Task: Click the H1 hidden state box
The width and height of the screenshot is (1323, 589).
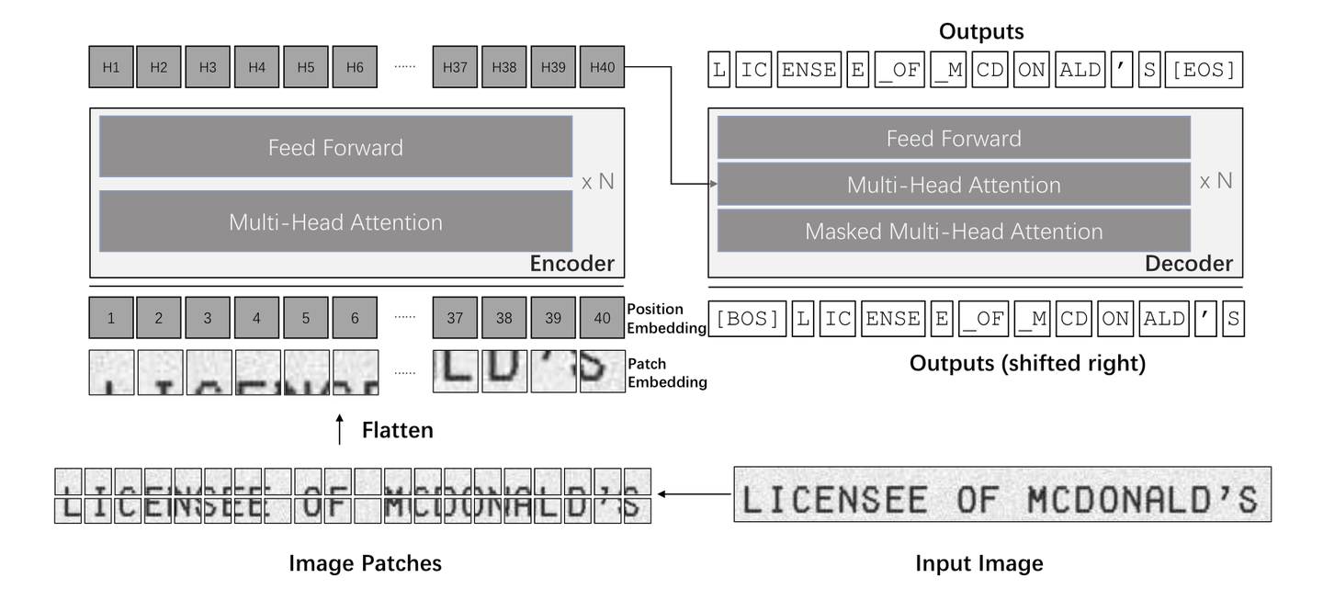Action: (x=111, y=67)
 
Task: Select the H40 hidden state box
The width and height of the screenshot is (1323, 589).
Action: (x=602, y=67)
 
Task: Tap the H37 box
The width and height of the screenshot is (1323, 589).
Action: (x=455, y=67)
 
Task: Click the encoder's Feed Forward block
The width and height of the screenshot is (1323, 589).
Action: (x=335, y=146)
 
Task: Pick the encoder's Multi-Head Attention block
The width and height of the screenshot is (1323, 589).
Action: (x=335, y=221)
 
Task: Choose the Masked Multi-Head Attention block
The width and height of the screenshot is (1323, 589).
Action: (x=954, y=231)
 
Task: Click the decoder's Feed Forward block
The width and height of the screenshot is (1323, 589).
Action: (x=954, y=139)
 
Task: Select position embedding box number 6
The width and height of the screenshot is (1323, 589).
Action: (x=356, y=319)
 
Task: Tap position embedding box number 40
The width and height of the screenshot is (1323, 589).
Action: (x=602, y=319)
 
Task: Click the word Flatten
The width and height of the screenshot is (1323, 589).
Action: (x=397, y=429)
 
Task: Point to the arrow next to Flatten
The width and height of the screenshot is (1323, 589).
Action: (x=341, y=429)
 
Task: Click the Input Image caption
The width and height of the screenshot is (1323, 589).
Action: (x=979, y=563)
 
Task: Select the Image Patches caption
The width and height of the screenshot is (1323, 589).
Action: (x=365, y=563)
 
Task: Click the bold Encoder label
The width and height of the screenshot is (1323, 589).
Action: (x=571, y=265)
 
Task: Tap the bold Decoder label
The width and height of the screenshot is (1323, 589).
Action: (x=1189, y=265)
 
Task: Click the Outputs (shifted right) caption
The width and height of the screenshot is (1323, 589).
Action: (x=1027, y=364)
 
